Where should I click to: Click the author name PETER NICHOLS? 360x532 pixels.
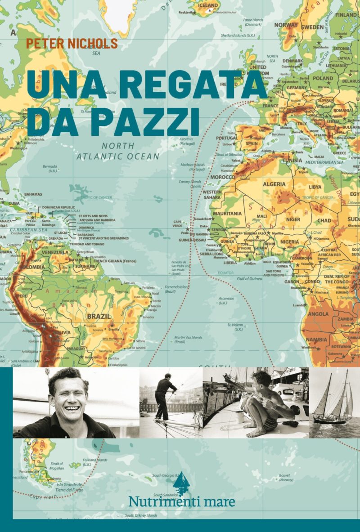point(72,44)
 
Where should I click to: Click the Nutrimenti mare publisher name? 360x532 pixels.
point(181,501)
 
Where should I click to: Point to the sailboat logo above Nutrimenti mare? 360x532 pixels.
point(181,482)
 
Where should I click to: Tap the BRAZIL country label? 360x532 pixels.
point(99,316)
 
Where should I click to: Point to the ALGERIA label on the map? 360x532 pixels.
point(274,184)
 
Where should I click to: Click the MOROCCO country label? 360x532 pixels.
point(221,177)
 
